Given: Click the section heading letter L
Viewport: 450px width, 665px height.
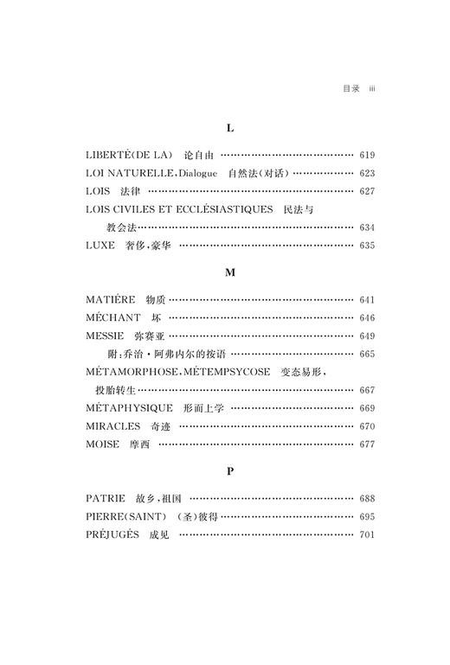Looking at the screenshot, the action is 230,127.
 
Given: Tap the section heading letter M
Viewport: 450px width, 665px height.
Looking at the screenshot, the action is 230,272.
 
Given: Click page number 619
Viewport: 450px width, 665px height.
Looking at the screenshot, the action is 366,155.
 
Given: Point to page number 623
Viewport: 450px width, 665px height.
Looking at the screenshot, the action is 366,173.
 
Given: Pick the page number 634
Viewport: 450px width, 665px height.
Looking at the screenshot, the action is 366,227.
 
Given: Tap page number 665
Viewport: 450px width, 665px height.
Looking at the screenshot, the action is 366,355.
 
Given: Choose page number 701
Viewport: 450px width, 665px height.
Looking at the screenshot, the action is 366,535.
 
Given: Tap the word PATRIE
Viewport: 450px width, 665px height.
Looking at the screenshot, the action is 106,499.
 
